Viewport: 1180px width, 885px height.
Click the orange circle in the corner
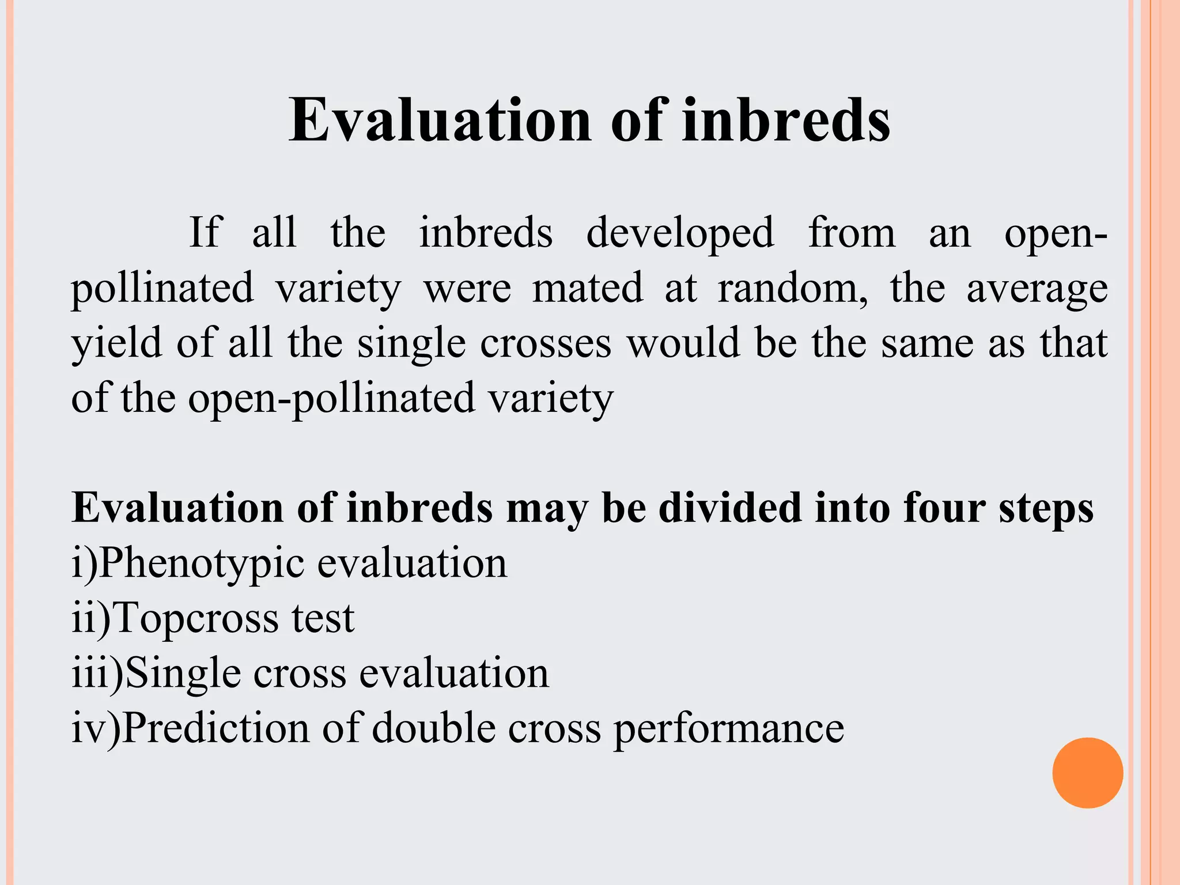[x=1087, y=773]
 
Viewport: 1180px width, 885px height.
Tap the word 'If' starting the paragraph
[x=205, y=232]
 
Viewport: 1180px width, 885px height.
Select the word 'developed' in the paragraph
[x=680, y=233]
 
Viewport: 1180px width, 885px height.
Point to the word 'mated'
[x=588, y=288]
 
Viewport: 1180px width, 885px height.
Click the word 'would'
[x=683, y=343]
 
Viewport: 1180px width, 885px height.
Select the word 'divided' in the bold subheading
[x=730, y=508]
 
